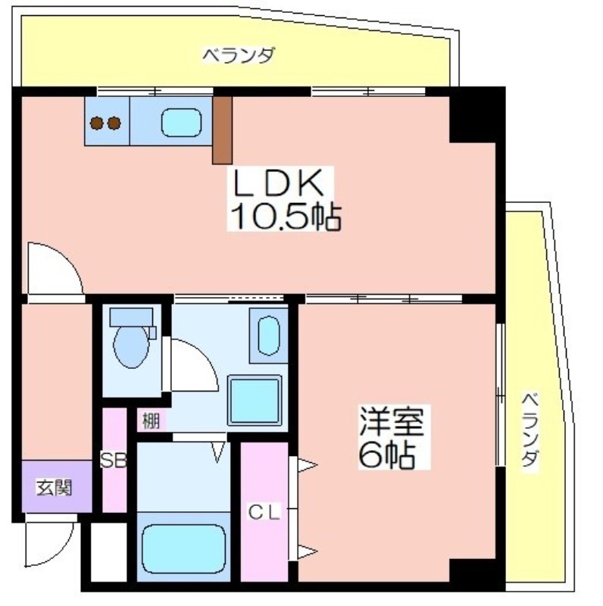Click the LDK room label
[x=277, y=183]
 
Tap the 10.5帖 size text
[x=286, y=217]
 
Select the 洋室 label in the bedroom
[x=392, y=421]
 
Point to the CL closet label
[x=264, y=513]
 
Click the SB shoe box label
[x=114, y=460]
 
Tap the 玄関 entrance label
[x=54, y=487]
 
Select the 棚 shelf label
[x=152, y=420]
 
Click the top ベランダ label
[x=239, y=55]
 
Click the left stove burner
[x=97, y=123]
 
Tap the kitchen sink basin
[x=181, y=123]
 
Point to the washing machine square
[x=255, y=400]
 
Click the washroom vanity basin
[x=269, y=336]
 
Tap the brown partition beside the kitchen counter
[x=222, y=130]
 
